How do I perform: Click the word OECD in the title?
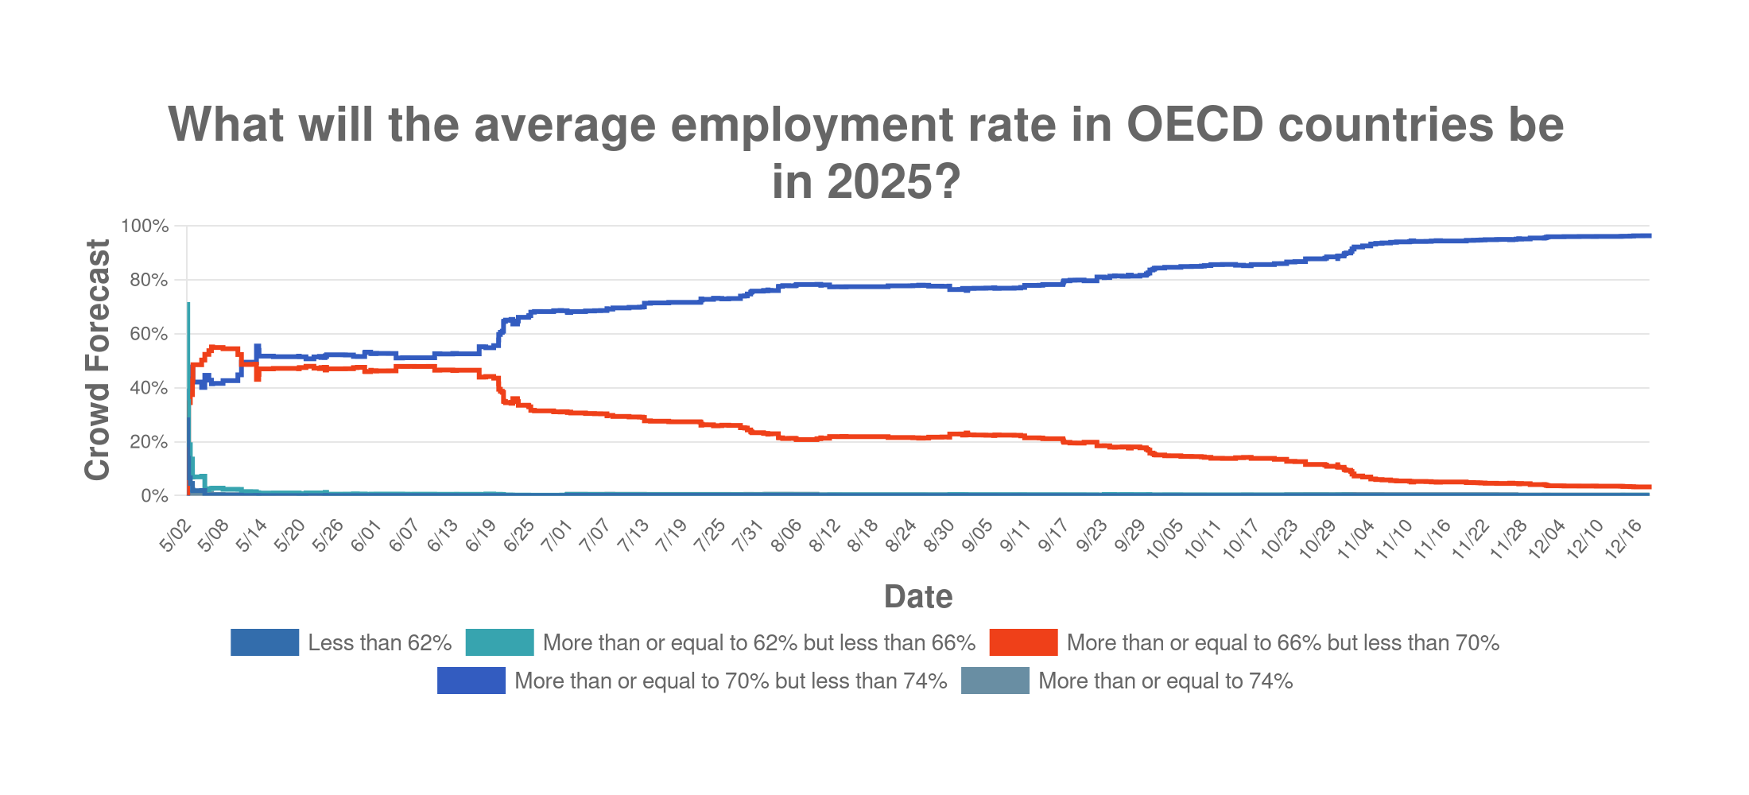1194,125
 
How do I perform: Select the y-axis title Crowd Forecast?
97,359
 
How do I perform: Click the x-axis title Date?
917,596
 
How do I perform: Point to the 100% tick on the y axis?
145,227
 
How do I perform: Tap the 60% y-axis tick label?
149,334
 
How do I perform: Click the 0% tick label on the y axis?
154,496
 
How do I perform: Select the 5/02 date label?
176,535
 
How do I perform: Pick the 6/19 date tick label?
481,535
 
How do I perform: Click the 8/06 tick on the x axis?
786,535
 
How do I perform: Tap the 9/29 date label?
1130,535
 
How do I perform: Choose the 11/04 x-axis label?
1355,538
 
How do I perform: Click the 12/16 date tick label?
1623,538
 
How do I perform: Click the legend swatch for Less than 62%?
265,642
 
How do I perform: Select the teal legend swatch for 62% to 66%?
499,642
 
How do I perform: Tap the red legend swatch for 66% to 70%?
1023,642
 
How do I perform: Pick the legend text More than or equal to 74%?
1165,681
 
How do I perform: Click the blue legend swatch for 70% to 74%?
471,681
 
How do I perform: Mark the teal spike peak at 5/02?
188,304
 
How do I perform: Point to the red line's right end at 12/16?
1649,487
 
